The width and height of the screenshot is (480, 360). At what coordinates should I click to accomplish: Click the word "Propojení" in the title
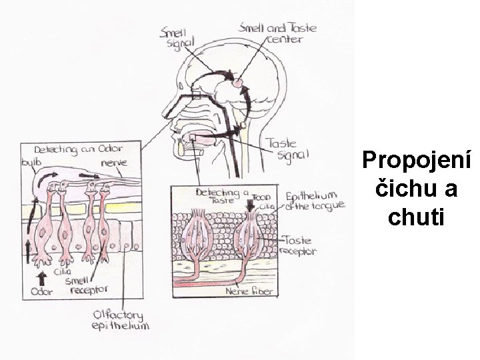click(417, 161)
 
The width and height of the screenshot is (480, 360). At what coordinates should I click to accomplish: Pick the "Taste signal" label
click(287, 149)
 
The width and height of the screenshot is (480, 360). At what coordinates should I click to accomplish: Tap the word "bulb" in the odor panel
click(31, 162)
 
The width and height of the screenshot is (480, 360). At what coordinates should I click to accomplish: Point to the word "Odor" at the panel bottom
click(42, 291)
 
